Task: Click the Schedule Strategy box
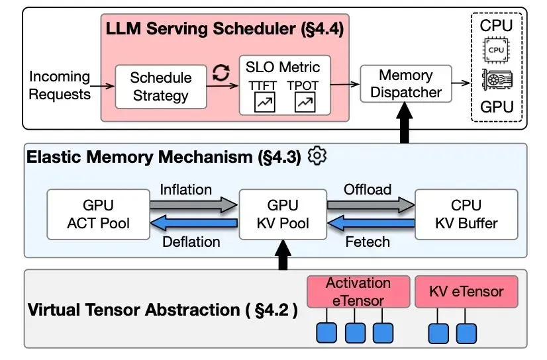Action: tap(160, 86)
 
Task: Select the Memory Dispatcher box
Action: tap(405, 84)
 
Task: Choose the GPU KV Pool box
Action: tap(283, 214)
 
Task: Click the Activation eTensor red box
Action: tap(358, 292)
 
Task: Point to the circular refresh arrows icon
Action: tap(220, 74)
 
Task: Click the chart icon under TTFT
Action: tap(264, 102)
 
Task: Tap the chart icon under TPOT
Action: tap(305, 102)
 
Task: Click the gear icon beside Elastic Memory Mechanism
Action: tap(318, 156)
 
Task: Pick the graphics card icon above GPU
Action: tap(496, 80)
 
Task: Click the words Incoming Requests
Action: tap(60, 85)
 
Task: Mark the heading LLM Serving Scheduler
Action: tap(225, 29)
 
